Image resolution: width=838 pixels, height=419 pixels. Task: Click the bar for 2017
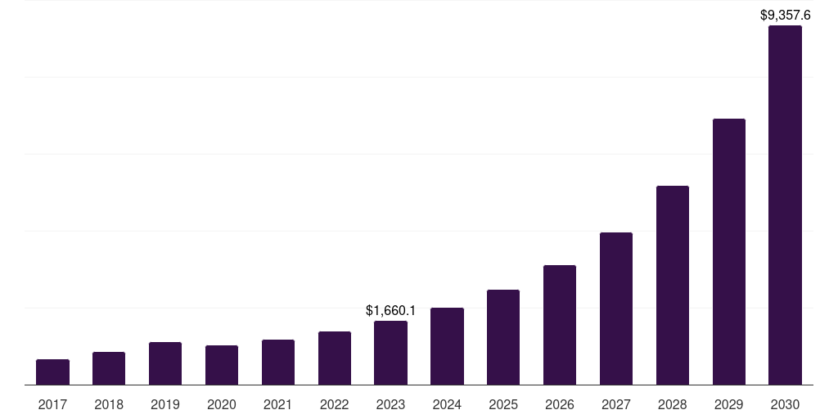(x=52, y=372)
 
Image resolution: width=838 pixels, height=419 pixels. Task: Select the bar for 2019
(x=165, y=363)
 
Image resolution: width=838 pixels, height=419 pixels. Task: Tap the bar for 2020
(x=222, y=365)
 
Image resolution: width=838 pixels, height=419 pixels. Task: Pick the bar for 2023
(x=390, y=353)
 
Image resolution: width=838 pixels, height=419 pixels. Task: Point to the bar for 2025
(x=503, y=337)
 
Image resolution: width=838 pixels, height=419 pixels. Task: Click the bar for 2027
(x=616, y=309)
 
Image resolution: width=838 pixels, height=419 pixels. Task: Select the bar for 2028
(x=673, y=286)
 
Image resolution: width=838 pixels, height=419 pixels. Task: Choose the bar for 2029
(x=729, y=252)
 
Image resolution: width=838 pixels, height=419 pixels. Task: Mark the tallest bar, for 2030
(x=785, y=205)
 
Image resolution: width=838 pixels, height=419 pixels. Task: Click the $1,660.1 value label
(x=390, y=311)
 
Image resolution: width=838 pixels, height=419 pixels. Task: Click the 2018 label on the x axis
(x=109, y=404)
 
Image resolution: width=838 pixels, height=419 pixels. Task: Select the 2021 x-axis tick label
(x=278, y=404)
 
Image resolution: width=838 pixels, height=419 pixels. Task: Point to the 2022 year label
(x=335, y=404)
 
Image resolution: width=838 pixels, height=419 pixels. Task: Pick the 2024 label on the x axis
(x=447, y=404)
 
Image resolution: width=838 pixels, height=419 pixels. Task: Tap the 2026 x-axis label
(x=560, y=404)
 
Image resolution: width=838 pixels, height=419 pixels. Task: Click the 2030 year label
(x=785, y=404)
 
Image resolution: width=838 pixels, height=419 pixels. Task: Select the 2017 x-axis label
(x=52, y=404)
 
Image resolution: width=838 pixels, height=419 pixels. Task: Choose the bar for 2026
(x=560, y=325)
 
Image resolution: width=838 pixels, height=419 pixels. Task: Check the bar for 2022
(x=335, y=358)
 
